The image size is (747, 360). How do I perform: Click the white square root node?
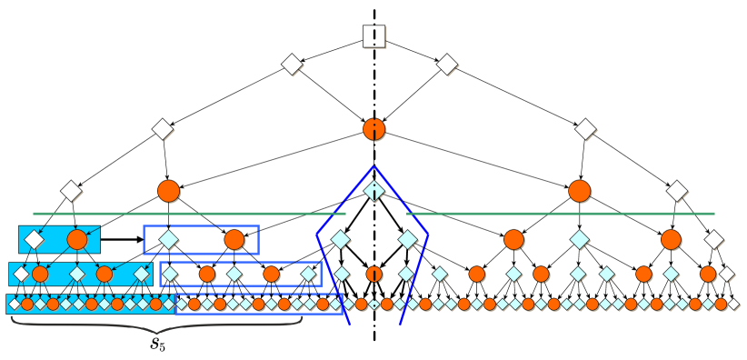(373, 36)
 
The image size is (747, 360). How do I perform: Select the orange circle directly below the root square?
(373, 129)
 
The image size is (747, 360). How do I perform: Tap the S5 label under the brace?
(157, 345)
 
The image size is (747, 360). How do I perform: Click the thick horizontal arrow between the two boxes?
(121, 240)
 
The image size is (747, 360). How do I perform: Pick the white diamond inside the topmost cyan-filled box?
(34, 240)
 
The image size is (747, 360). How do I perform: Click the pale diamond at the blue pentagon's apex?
(373, 191)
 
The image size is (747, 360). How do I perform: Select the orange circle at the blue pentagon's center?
(373, 273)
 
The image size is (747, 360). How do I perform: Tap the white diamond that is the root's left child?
(291, 65)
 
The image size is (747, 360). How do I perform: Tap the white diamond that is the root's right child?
(446, 65)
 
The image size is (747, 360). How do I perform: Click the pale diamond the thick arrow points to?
(168, 240)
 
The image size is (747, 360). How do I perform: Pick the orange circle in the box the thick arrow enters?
(234, 240)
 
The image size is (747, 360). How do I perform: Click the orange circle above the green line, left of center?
(168, 191)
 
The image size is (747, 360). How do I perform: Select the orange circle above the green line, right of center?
(579, 191)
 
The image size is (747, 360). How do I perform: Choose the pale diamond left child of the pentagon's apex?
(340, 240)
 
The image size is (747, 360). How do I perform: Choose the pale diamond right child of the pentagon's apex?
(408, 240)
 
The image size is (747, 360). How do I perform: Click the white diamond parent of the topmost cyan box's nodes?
(70, 191)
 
